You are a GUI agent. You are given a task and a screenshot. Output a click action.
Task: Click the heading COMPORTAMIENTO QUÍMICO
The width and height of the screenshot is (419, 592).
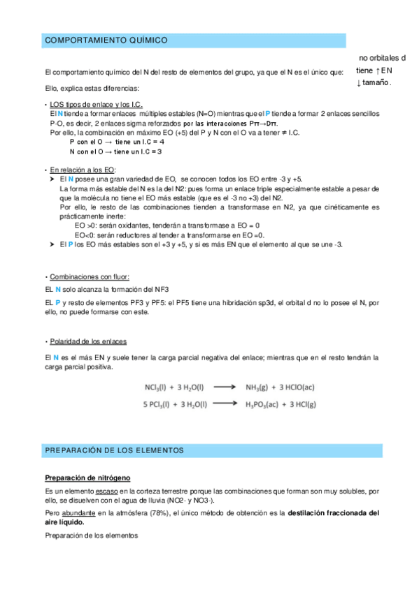tap(106, 41)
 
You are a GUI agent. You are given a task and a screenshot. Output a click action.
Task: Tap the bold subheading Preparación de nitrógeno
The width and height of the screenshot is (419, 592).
tap(87, 478)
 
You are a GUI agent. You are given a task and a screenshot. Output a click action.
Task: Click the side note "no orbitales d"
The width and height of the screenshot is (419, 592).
tap(382, 57)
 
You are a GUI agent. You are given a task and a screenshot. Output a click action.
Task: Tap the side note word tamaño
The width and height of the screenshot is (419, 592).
tap(378, 83)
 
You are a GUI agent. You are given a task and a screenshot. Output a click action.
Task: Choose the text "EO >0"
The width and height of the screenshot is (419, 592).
tap(85, 225)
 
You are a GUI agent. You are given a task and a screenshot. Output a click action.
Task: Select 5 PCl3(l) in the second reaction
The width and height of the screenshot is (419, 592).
tap(151, 403)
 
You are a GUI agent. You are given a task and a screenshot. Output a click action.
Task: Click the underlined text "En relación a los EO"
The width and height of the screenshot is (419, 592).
tap(83, 170)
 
